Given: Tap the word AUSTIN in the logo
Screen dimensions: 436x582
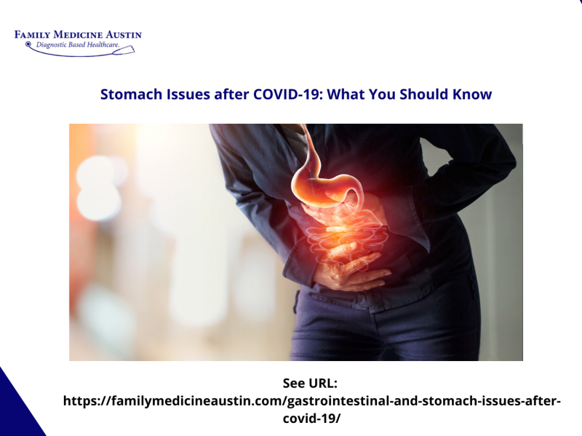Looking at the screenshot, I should pyautogui.click(x=124, y=35).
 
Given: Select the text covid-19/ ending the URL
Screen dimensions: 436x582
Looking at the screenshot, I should pyautogui.click(x=311, y=419).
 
